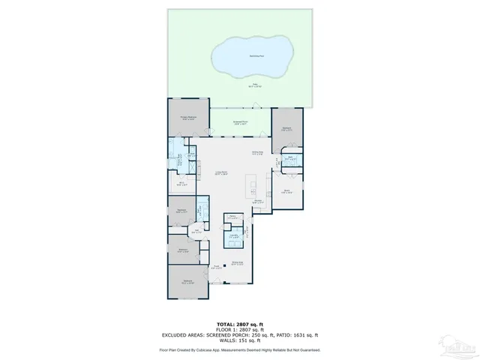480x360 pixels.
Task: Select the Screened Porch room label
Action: (240, 124)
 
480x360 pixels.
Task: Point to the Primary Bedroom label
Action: (187, 118)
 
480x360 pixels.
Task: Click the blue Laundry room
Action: (232, 238)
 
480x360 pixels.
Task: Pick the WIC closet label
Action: (182, 182)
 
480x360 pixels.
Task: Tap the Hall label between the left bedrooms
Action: (196, 232)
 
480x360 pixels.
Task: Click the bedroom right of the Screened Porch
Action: (286, 128)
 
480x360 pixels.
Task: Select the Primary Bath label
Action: (181, 150)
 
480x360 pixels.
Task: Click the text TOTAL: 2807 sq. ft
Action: (240, 323)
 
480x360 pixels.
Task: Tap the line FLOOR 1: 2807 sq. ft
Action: (240, 328)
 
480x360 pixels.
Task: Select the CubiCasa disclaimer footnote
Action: (240, 349)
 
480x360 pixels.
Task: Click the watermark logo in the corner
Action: (458, 346)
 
